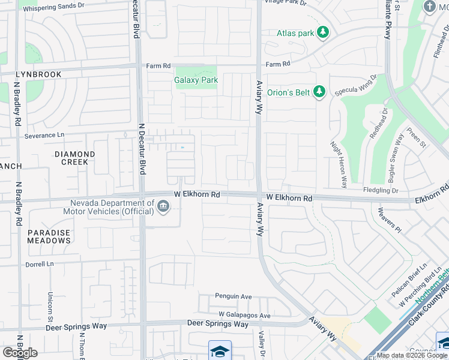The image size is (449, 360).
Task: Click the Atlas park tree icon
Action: [324, 33]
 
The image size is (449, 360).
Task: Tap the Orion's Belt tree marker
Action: [320, 91]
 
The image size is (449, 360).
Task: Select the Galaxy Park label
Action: [196, 80]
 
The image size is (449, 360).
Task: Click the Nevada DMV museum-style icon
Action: [163, 207]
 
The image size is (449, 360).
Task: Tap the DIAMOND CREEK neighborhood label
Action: [75, 158]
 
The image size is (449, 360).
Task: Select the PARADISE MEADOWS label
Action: [49, 236]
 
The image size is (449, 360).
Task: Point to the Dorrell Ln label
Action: [40, 264]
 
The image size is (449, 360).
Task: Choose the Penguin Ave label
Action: [234, 296]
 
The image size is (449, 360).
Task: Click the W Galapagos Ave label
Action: [244, 315]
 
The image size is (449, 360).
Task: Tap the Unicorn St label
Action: [50, 305]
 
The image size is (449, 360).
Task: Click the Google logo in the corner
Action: [20, 352]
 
